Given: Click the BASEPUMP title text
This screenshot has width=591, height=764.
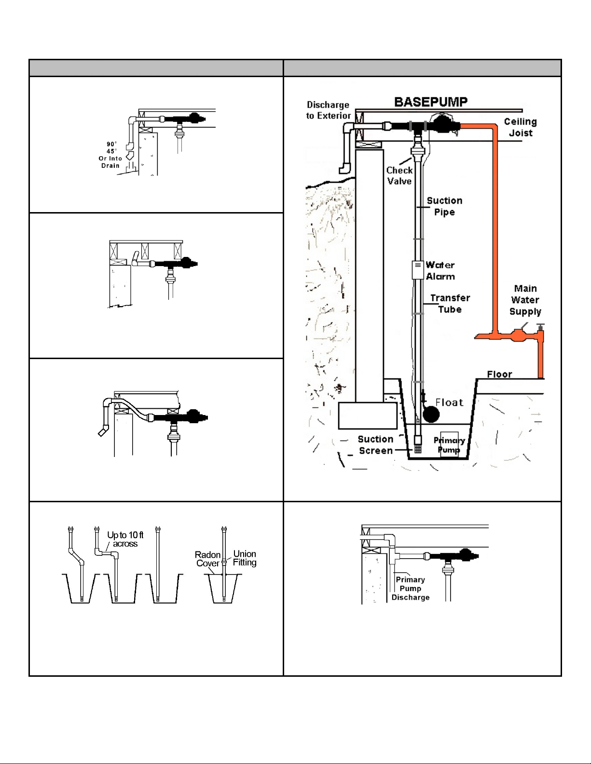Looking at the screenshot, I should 431,102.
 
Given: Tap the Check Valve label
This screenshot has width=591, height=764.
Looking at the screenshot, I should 399,175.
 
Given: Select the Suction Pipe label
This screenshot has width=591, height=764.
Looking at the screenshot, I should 444,206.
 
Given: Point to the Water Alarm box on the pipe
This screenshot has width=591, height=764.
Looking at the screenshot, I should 418,270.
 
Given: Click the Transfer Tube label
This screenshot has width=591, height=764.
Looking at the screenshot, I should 450,304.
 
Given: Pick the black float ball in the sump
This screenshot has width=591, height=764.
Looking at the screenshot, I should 430,414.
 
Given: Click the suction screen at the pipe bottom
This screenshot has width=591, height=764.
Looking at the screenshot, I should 418,448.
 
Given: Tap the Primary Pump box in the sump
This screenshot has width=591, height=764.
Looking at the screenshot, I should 449,444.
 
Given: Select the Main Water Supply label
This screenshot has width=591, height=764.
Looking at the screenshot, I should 525,300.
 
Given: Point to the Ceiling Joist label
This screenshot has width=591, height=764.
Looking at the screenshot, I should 521,127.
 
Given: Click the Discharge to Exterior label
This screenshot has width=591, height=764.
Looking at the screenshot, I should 328,110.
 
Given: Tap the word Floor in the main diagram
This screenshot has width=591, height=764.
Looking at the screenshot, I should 499,374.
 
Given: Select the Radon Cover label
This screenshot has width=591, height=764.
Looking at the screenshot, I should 208,559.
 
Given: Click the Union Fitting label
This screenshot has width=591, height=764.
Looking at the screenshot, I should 245,558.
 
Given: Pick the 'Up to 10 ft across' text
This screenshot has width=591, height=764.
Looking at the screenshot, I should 125,539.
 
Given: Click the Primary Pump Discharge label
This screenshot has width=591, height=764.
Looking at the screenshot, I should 411,589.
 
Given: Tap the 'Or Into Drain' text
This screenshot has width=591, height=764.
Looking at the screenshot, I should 110,162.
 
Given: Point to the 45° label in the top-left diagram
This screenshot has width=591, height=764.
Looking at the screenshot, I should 111,151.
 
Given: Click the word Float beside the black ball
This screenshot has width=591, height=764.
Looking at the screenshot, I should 449,402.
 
